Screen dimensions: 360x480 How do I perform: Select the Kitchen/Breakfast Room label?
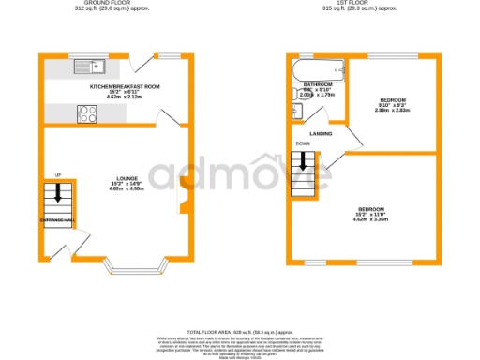[125, 86]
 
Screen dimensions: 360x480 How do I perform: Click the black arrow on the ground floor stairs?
[58, 194]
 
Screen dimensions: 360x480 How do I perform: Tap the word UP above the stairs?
[58, 175]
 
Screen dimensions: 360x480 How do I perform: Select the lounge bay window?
[141, 273]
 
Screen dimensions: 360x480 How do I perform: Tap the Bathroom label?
[318, 84]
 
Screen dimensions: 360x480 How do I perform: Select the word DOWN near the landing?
[303, 143]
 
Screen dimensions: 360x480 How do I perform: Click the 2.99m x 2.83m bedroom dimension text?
[394, 110]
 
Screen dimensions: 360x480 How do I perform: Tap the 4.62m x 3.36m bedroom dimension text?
[370, 218]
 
